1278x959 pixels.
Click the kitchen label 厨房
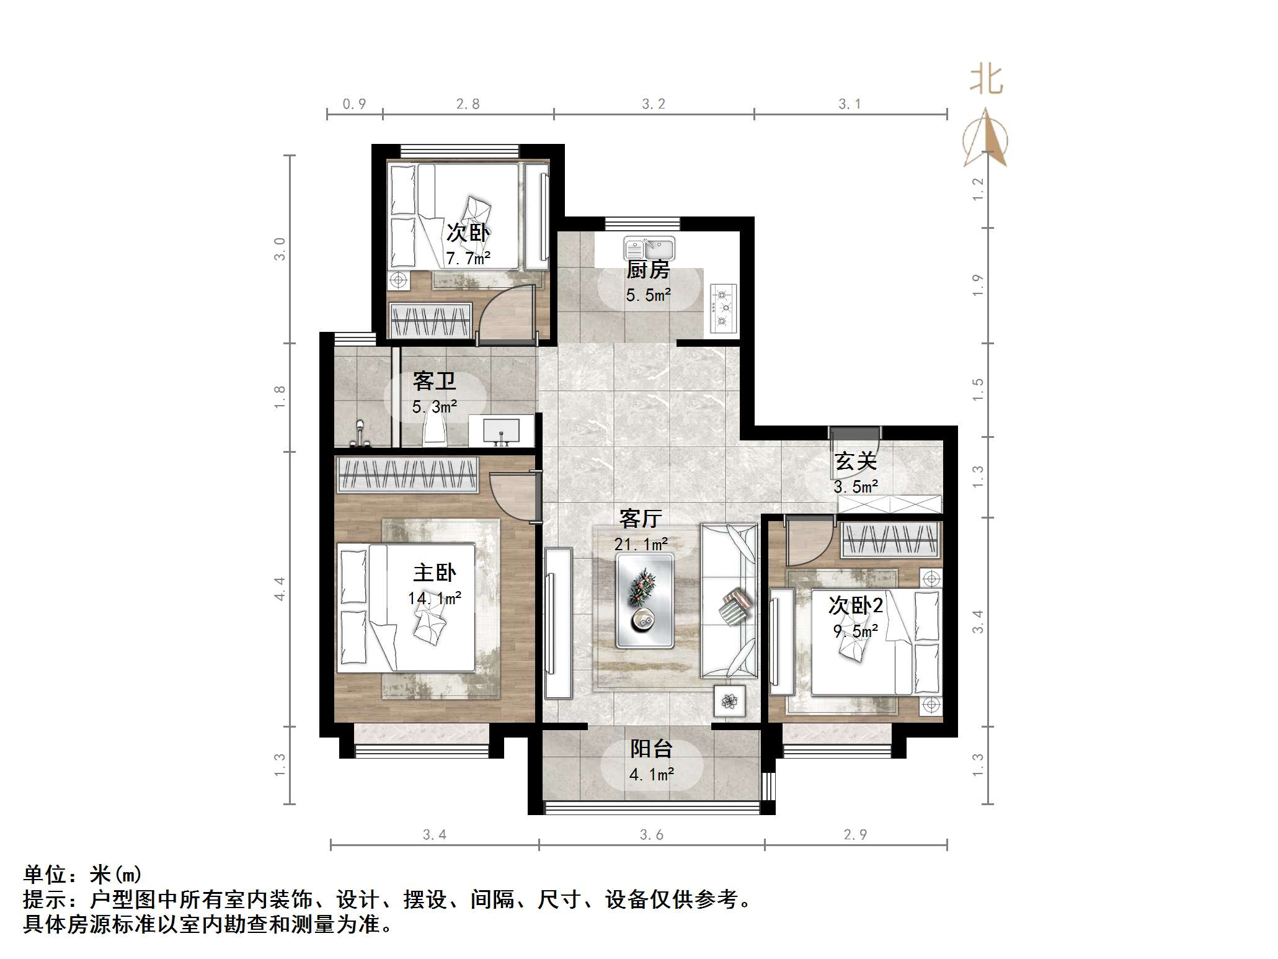tap(648, 269)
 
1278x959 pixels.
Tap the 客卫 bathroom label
tap(434, 380)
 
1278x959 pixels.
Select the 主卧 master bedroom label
tap(435, 572)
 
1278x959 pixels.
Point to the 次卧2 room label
tap(856, 605)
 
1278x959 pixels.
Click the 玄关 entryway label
tap(856, 461)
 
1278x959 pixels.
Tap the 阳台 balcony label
tap(651, 749)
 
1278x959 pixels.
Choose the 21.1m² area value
tap(641, 544)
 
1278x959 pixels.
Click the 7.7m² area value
tap(468, 258)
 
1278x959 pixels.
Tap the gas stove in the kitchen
tap(723, 306)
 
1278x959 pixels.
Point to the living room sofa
tap(729, 600)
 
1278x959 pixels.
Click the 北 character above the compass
tap(987, 80)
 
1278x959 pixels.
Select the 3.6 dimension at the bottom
tap(652, 835)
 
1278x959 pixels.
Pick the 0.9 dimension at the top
tap(354, 104)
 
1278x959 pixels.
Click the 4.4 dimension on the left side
tap(280, 589)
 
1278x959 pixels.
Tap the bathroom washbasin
tap(501, 430)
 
